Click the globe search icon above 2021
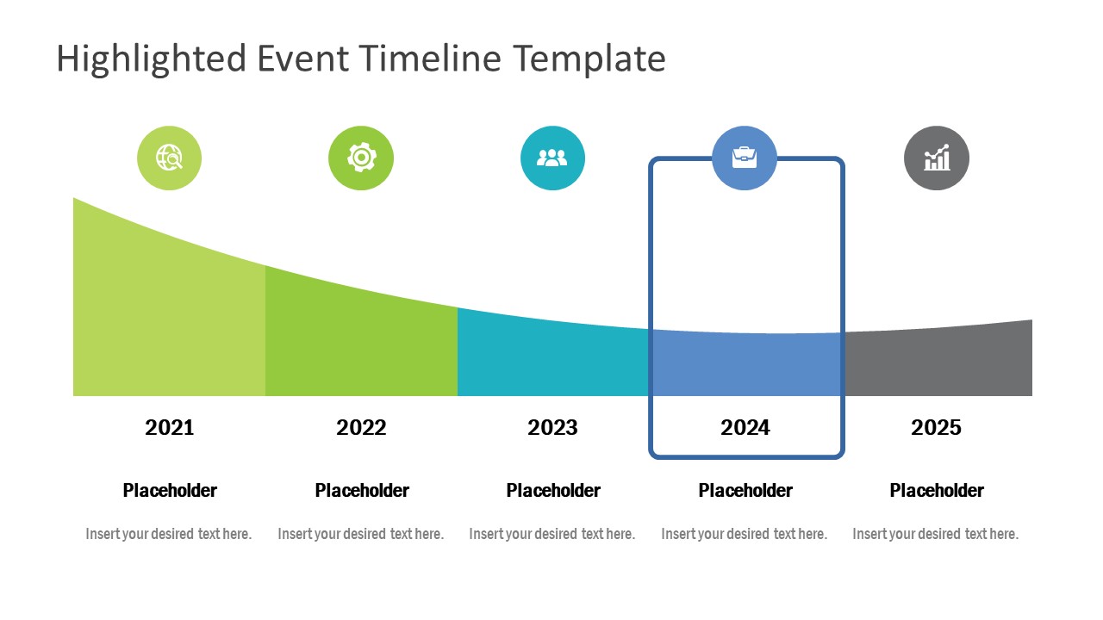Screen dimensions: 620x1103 point(169,158)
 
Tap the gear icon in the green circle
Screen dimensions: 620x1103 point(361,158)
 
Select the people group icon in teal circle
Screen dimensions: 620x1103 point(552,158)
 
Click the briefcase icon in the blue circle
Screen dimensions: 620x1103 point(745,158)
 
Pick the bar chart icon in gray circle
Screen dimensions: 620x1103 point(937,158)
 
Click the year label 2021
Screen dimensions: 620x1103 point(170,427)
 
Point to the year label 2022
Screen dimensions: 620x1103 point(361,427)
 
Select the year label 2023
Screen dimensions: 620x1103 point(552,427)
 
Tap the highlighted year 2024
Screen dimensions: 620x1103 point(745,427)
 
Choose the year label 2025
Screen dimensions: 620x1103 point(937,427)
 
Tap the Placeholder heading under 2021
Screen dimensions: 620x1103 point(170,490)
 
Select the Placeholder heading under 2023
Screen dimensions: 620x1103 point(553,490)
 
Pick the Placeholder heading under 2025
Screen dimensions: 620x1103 point(937,490)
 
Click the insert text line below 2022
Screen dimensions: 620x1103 point(360,534)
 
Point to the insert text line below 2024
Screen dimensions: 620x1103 point(744,534)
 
